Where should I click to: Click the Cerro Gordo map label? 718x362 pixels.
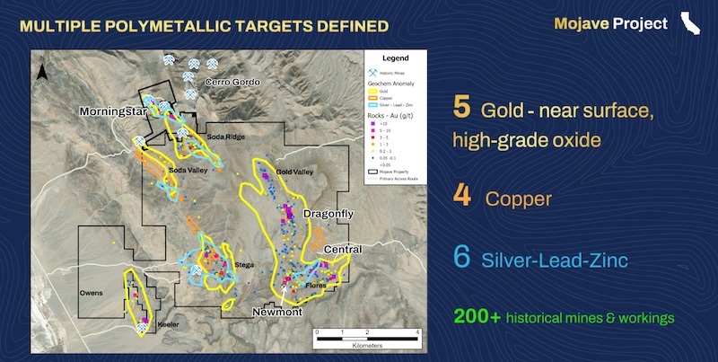tap(232, 83)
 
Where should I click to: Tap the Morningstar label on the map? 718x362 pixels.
tap(110, 112)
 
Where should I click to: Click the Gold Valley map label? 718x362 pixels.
tap(295, 171)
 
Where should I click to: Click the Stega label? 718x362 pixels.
tap(243, 265)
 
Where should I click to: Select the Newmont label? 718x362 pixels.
tap(276, 311)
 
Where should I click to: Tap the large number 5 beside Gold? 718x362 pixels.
tap(461, 110)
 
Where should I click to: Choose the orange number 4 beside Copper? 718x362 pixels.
tap(461, 196)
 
